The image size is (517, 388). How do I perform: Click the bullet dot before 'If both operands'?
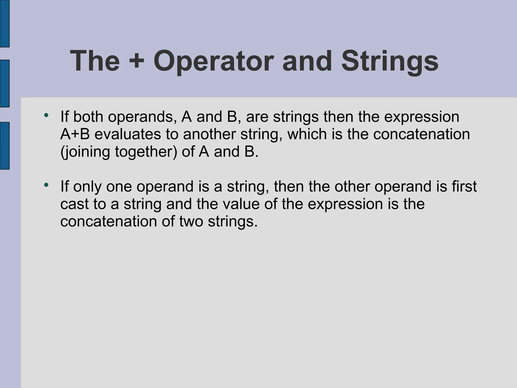(46, 115)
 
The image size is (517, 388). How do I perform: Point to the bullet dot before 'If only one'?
(46, 185)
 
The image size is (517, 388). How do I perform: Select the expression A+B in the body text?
(75, 134)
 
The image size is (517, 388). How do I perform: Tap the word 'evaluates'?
(128, 134)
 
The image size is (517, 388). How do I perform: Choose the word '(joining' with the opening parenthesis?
(85, 152)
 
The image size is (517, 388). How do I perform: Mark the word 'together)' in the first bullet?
(146, 152)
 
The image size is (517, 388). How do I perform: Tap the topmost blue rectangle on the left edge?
(5, 23)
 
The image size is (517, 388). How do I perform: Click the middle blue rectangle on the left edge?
(5, 83)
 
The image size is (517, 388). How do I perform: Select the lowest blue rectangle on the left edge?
(5, 145)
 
